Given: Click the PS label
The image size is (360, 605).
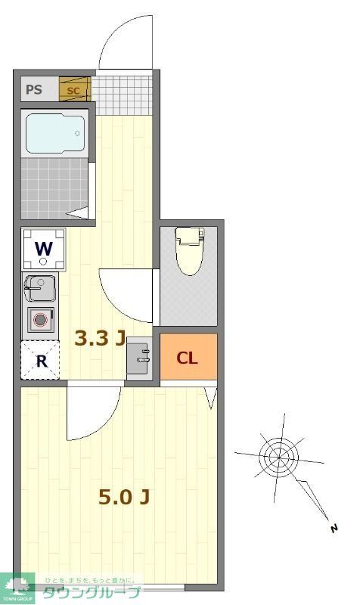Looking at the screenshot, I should tap(34, 90).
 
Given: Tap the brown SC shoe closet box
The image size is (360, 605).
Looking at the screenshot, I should tap(74, 90).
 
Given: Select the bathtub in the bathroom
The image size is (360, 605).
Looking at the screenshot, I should tap(54, 134).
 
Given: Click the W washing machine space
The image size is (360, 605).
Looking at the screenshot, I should tap(43, 249).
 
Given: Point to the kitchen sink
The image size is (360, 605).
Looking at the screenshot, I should tap(39, 289).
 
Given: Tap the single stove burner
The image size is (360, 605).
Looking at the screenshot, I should tap(41, 320).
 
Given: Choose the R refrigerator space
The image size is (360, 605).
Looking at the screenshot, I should tap(41, 361).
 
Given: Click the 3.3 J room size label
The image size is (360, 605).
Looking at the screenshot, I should tap(99, 338).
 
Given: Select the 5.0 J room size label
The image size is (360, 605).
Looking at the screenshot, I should tap(123, 497).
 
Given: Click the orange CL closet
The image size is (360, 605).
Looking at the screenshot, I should tap(188, 358).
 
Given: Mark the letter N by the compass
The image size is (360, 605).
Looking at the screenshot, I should tap(333, 529).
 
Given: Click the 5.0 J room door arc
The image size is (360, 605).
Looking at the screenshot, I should tap(92, 416).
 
